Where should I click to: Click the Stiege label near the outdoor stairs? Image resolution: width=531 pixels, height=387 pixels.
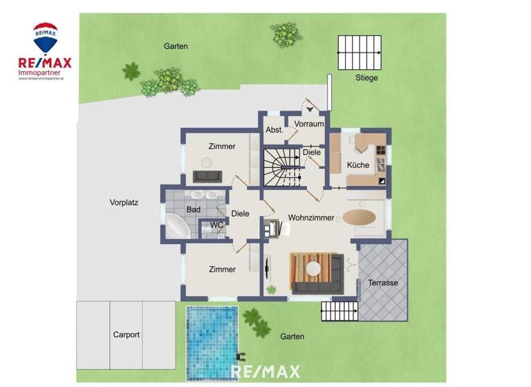pyautogui.click(x=366, y=78)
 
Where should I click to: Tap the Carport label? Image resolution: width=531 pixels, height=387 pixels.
pyautogui.click(x=127, y=334)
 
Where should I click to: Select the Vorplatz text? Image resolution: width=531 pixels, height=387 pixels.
pyautogui.click(x=124, y=203)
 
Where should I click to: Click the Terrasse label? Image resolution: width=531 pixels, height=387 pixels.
pyautogui.click(x=382, y=283)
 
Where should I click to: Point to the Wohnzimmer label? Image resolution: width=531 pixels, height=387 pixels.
pyautogui.click(x=311, y=218)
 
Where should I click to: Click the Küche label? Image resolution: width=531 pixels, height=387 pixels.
pyautogui.click(x=357, y=165)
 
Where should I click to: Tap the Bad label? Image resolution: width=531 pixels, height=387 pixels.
pyautogui.click(x=193, y=209)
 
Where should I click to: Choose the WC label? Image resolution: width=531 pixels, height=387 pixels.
pyautogui.click(x=216, y=225)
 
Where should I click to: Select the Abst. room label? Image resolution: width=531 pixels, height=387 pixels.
pyautogui.click(x=274, y=130)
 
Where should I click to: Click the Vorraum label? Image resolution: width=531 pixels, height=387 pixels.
pyautogui.click(x=308, y=124)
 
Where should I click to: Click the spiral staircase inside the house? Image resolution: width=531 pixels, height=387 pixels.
pyautogui.click(x=281, y=167)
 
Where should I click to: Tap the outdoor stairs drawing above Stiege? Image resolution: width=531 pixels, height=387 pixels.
pyautogui.click(x=360, y=52)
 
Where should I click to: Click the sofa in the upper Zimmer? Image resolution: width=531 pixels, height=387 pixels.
pyautogui.click(x=205, y=176)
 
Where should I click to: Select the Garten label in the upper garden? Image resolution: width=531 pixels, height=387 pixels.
pyautogui.click(x=176, y=46)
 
